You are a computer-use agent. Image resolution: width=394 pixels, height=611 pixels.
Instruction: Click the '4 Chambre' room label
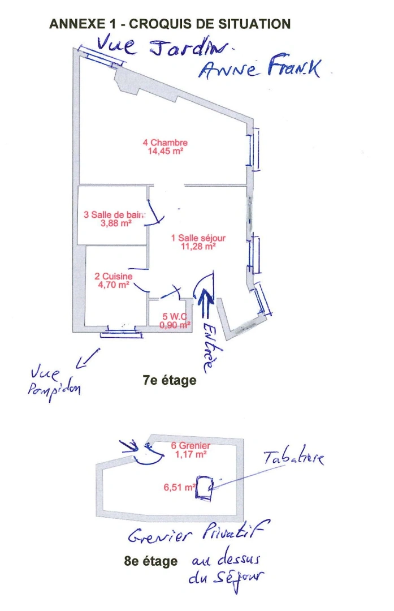coord(164,143)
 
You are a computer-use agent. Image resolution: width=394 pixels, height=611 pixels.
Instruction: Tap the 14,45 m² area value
coord(164,151)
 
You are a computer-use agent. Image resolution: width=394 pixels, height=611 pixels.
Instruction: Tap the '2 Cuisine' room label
coord(114,277)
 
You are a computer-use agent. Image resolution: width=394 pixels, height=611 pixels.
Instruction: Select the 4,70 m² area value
coord(114,285)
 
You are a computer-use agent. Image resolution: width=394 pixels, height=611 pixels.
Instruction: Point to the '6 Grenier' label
coord(190,446)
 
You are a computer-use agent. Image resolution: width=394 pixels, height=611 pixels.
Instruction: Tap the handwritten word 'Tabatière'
coord(293,458)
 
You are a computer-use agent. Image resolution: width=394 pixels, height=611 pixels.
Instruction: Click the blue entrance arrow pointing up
coord(205,305)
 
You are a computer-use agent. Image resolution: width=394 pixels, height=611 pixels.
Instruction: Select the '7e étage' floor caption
coord(170,380)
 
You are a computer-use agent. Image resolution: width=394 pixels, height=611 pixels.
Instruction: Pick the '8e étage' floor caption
coord(150,561)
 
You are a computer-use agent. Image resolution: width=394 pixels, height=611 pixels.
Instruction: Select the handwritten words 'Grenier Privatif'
coord(198,533)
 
